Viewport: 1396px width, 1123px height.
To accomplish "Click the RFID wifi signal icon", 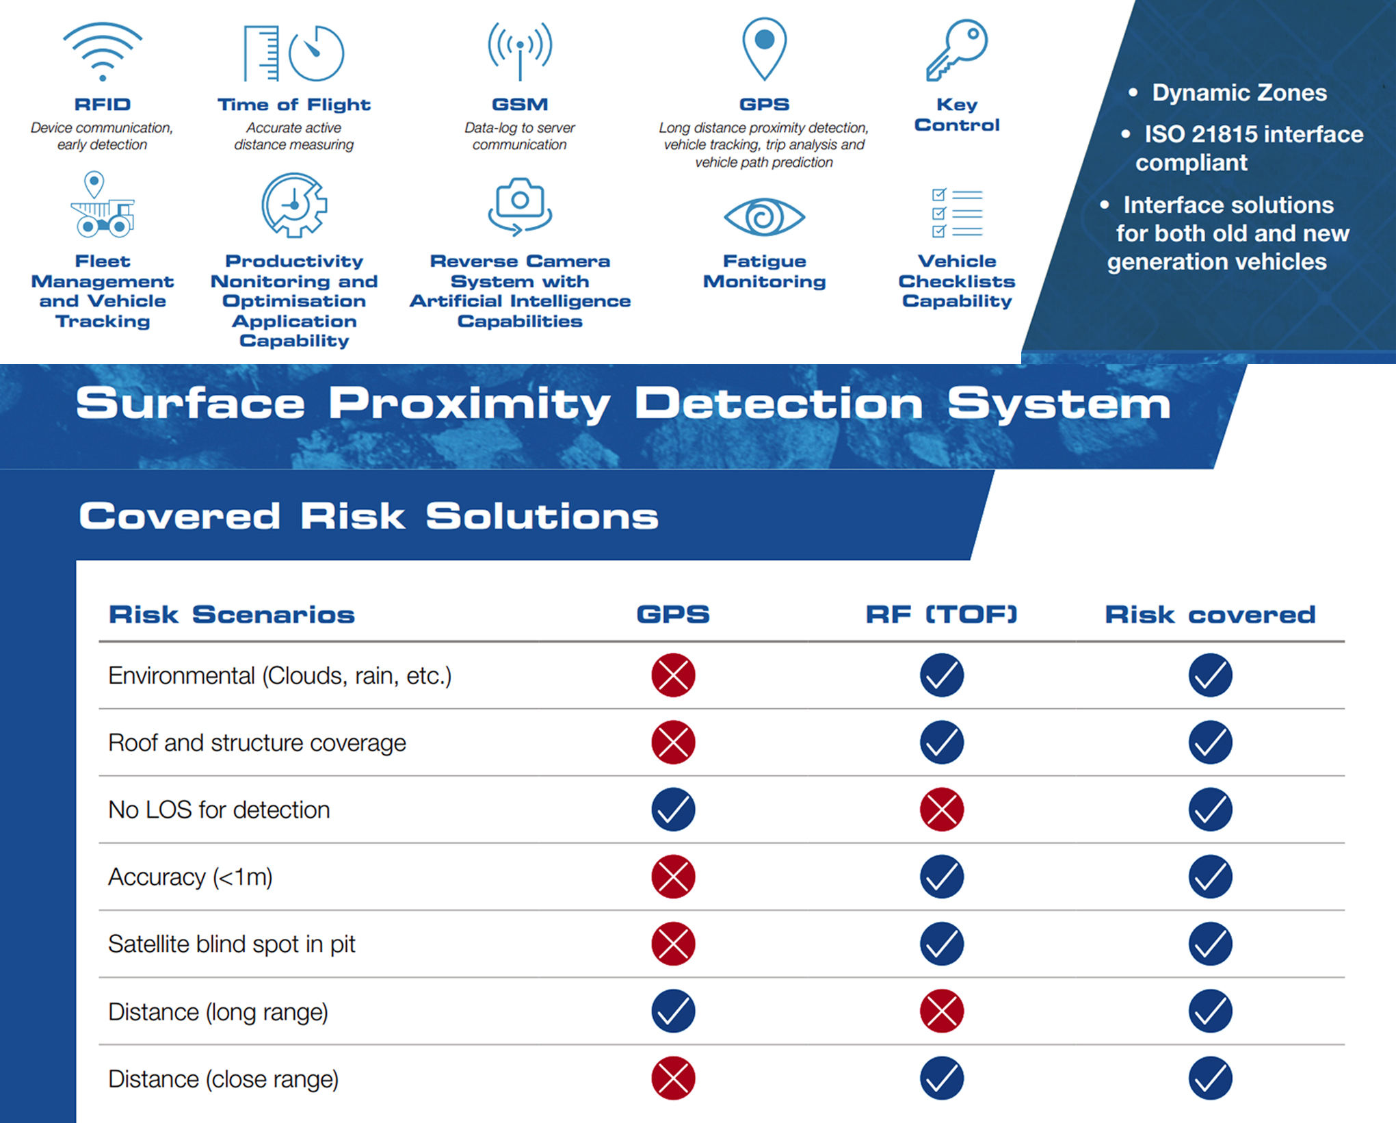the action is [103, 51].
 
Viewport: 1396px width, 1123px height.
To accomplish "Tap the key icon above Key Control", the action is [956, 49].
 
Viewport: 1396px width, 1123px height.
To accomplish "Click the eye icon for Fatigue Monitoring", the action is [764, 217].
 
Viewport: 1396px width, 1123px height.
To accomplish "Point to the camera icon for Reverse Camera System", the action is [520, 206].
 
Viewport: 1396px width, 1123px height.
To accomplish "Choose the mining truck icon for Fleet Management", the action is [102, 205].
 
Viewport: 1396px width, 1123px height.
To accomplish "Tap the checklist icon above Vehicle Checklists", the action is [957, 213].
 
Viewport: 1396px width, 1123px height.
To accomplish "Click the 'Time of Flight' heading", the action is [294, 105].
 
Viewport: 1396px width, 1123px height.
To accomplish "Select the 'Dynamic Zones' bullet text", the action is [1239, 92].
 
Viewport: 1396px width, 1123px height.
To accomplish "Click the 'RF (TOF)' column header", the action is [942, 614].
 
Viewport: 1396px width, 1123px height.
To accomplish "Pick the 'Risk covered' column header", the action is [1210, 614].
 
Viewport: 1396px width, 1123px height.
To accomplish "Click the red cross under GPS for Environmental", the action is [673, 675].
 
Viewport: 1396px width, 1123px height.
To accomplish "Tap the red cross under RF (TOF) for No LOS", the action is [942, 810].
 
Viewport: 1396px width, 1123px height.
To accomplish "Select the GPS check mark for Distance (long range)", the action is [673, 1011].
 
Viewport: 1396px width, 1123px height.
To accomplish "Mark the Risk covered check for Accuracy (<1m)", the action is [1210, 877].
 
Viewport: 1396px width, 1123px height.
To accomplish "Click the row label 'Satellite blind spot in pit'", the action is [232, 944].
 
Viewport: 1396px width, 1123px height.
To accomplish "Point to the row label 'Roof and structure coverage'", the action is [257, 743].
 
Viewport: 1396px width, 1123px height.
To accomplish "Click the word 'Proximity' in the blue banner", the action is [469, 404].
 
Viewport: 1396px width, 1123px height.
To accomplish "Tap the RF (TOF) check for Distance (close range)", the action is [942, 1078].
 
